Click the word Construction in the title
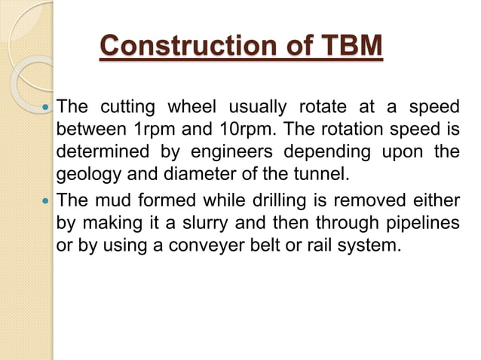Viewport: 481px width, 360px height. (x=177, y=47)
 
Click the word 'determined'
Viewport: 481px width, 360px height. (x=98, y=153)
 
